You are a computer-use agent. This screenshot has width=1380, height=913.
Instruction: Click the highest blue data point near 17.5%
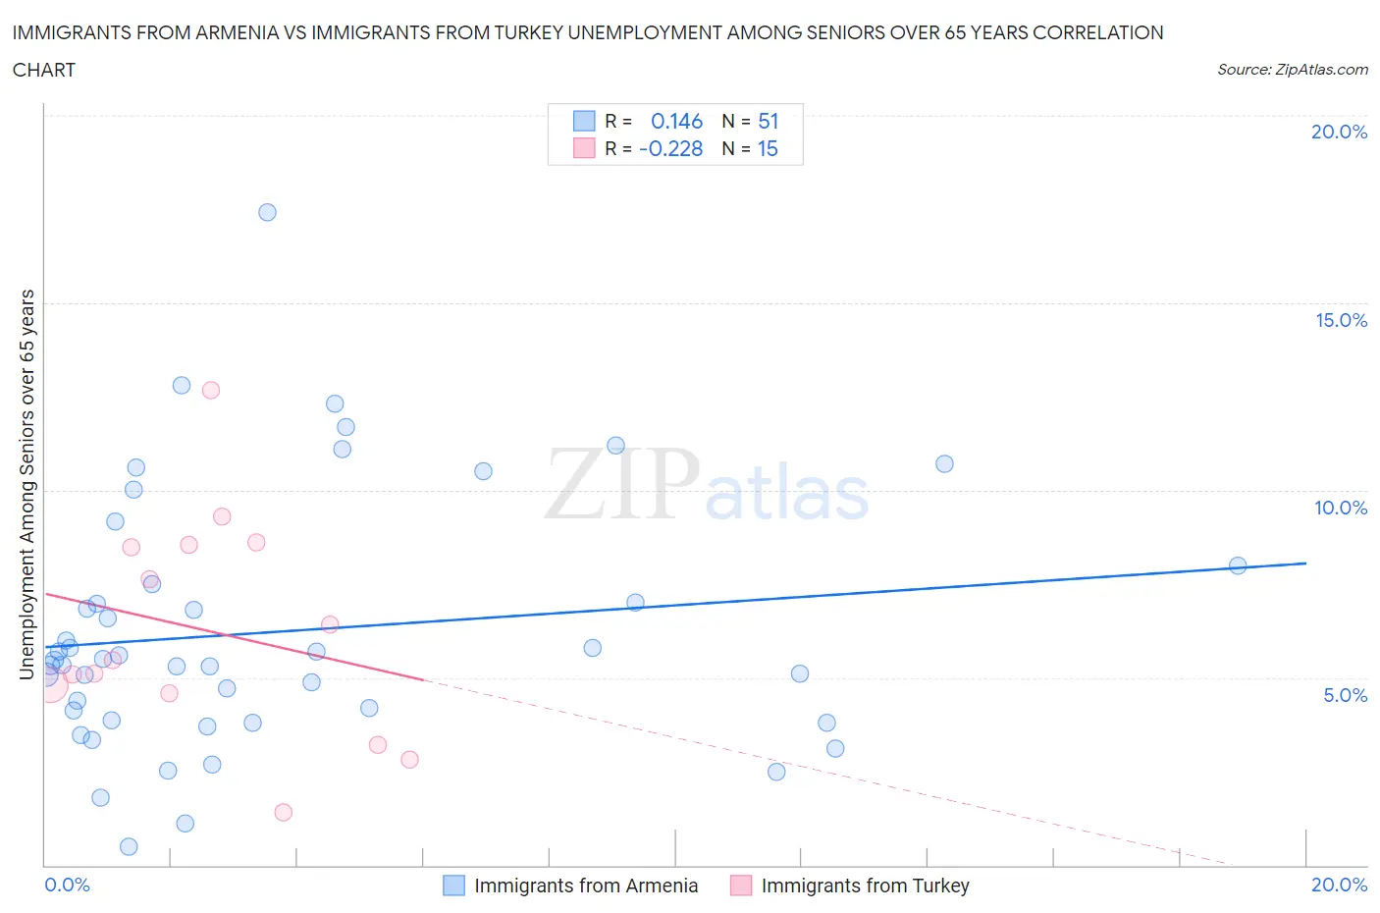pos(267,212)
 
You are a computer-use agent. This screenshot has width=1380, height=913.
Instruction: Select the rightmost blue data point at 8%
pos(1238,565)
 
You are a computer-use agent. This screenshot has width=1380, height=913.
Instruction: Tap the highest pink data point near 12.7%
pos(210,390)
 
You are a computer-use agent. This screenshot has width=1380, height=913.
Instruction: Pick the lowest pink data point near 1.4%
pos(284,812)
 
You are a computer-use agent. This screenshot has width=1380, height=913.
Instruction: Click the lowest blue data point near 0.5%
pos(129,846)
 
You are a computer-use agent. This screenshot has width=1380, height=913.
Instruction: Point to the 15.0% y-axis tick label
pos(1341,320)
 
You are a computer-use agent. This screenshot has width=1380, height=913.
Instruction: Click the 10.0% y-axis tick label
pos(1341,508)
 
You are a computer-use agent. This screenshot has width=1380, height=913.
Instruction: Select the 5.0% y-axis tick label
pos(1345,695)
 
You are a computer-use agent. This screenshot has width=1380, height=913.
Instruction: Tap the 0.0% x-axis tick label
pos(67,885)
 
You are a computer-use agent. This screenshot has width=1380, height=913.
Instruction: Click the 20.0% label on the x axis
pos(1339,885)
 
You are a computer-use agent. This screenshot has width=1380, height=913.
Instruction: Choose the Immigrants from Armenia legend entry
pos(571,886)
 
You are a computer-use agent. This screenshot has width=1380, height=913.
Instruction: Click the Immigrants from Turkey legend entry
pos(850,886)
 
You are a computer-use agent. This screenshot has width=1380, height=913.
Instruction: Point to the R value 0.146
pos(676,121)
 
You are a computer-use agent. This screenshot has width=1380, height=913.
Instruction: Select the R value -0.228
pos(671,148)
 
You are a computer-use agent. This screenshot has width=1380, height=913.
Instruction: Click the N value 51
pos(768,121)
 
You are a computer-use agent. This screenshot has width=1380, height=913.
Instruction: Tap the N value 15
pos(768,148)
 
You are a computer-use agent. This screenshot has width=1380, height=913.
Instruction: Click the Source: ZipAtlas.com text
pos(1292,69)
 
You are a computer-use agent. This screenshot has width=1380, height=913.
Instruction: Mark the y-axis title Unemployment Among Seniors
pos(27,484)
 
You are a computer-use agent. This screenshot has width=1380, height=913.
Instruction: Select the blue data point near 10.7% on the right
pos(944,463)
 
